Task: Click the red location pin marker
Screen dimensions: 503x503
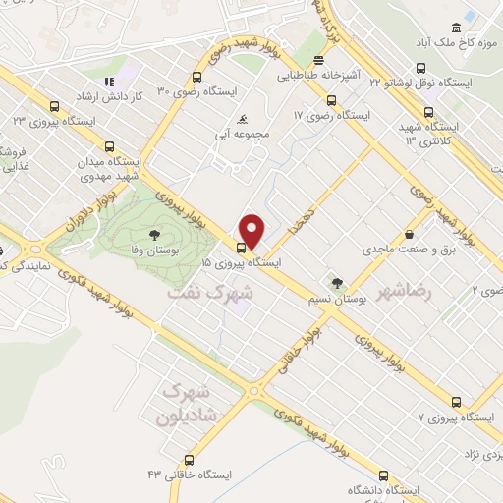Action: pyautogui.click(x=252, y=231)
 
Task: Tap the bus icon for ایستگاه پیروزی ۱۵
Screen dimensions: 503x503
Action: pyautogui.click(x=242, y=247)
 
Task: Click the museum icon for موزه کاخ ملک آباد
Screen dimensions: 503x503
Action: pyautogui.click(x=456, y=28)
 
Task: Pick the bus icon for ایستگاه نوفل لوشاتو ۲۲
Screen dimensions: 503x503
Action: pyautogui.click(x=420, y=69)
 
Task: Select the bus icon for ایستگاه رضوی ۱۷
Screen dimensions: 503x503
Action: pyautogui.click(x=331, y=99)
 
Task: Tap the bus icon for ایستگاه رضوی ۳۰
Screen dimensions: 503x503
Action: pyautogui.click(x=197, y=76)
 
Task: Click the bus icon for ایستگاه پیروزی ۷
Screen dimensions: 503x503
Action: pyautogui.click(x=456, y=402)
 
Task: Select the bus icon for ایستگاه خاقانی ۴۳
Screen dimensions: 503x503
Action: pyautogui.click(x=190, y=459)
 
